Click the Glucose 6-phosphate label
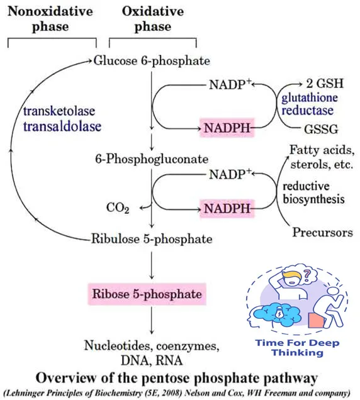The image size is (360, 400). tap(152, 61)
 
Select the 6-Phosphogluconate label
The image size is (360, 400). tap(152, 159)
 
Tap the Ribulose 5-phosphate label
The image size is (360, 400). tap(152, 239)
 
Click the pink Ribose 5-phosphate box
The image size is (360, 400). tap(147, 294)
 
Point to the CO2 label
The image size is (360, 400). tap(118, 208)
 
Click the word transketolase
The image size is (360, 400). tap(59, 111)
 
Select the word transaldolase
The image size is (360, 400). tap(62, 126)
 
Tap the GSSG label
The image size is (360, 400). tap(321, 129)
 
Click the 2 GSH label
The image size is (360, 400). tap(325, 84)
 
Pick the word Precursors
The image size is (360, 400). tap(322, 233)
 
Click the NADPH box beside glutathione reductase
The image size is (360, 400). tap(227, 128)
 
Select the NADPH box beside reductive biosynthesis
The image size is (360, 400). tap(227, 209)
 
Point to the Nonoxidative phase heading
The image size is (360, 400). tap(50, 19)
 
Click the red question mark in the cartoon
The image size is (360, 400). tap(307, 275)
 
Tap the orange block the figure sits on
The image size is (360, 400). tap(316, 320)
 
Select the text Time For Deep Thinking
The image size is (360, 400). tap(298, 347)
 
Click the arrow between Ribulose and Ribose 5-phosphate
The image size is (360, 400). tap(152, 265)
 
